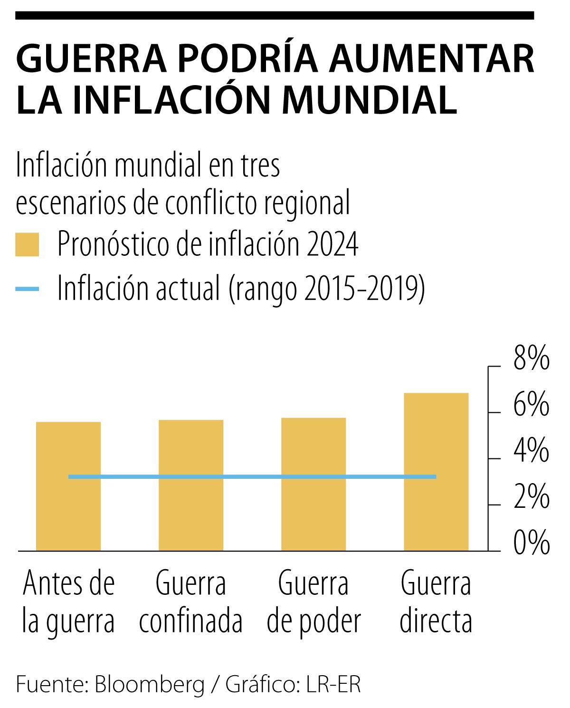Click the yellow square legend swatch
[x=27, y=245]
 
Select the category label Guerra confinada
[x=191, y=602]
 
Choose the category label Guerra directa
[x=436, y=602]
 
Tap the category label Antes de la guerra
[x=68, y=602]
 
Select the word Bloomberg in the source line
[x=150, y=685]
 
